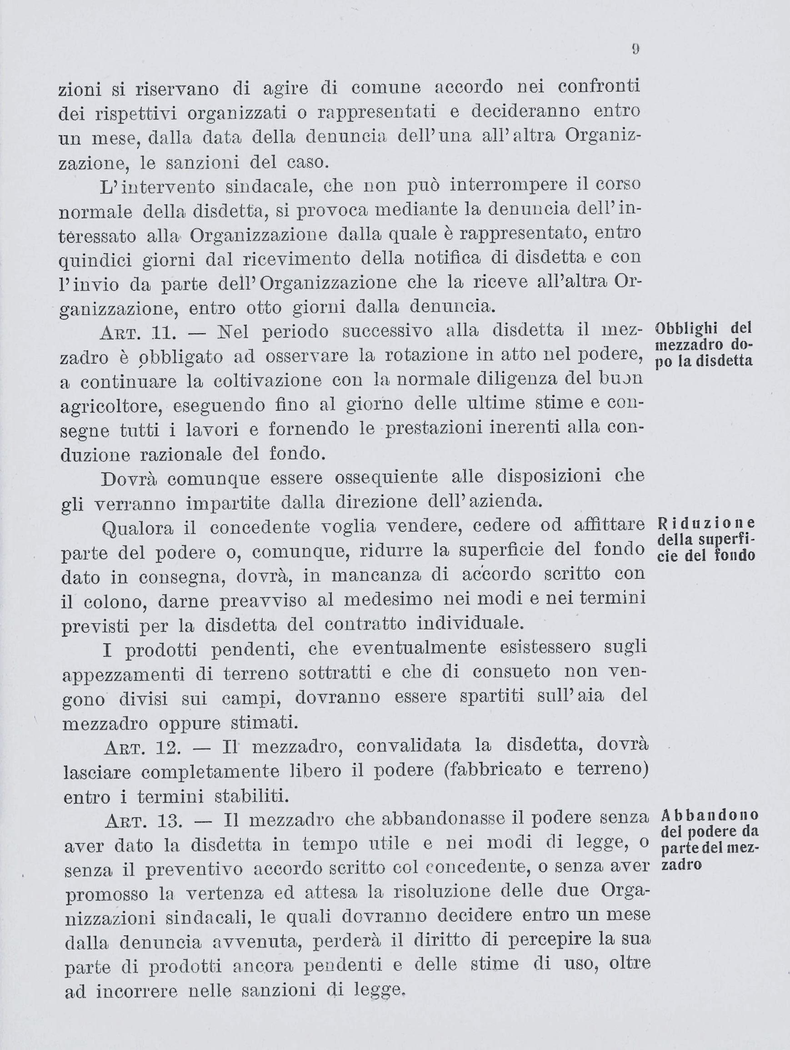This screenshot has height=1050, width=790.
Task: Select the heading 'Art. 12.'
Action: [x=143, y=747]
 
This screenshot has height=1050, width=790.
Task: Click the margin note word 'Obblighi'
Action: [x=685, y=328]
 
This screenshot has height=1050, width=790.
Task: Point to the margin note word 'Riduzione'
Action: [x=706, y=523]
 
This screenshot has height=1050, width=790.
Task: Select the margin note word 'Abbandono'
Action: [x=709, y=815]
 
